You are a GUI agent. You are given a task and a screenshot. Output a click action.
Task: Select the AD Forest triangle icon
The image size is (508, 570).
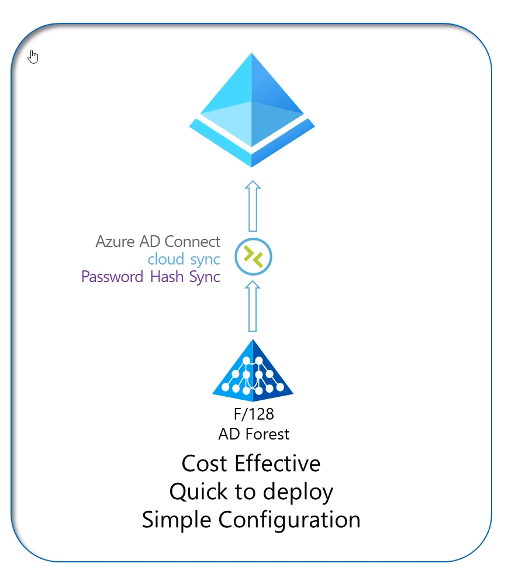coord(253,371)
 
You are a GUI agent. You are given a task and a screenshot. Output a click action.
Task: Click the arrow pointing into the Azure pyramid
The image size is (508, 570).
coord(253,206)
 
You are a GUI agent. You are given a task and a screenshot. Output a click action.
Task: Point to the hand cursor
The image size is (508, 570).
coord(33,57)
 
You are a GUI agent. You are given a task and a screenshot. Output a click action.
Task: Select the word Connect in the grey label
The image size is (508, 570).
coord(192,241)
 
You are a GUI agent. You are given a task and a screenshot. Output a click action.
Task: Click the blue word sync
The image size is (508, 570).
coord(205,259)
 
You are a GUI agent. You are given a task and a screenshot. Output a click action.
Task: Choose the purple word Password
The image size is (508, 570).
coord(112,276)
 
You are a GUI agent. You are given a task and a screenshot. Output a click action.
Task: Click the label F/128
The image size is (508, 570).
coord(253,414)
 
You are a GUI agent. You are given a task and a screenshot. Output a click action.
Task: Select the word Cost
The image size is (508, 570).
coord(205,463)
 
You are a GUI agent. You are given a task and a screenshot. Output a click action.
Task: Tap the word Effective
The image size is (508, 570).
coord(277,463)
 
